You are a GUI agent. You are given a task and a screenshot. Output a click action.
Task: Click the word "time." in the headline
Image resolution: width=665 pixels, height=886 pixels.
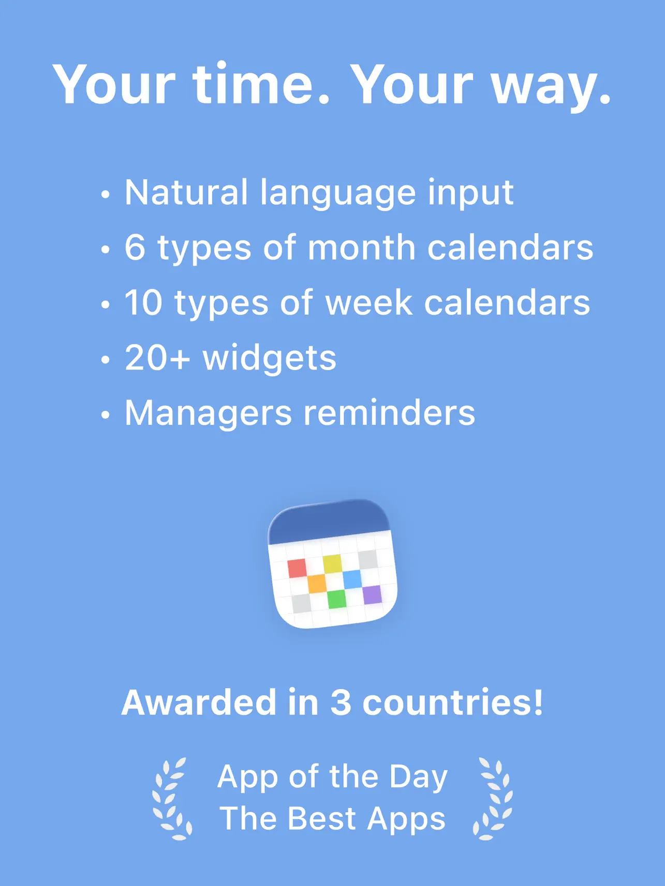click(261, 84)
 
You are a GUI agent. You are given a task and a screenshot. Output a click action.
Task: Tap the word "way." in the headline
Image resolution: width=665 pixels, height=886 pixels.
click(551, 85)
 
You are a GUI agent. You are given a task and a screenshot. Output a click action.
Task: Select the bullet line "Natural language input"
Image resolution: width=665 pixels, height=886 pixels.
click(319, 192)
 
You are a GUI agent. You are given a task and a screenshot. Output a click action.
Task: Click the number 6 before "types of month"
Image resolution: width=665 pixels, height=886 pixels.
click(135, 247)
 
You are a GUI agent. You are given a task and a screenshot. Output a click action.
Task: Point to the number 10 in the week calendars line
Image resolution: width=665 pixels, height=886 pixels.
click(143, 302)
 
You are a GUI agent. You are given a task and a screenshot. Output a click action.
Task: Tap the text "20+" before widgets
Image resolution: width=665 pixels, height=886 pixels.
click(157, 358)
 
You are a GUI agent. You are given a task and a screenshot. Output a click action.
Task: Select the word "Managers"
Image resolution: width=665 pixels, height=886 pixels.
click(208, 414)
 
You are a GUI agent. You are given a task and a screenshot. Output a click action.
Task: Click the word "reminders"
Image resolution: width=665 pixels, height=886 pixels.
click(389, 413)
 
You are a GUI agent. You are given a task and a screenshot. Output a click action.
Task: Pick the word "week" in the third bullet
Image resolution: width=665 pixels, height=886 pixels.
click(368, 302)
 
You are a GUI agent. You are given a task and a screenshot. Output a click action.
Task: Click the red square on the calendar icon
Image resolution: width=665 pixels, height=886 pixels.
click(297, 568)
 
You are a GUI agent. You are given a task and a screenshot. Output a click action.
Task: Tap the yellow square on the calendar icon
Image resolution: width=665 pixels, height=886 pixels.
click(332, 563)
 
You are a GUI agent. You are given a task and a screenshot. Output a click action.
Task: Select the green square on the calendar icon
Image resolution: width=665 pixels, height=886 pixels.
click(336, 599)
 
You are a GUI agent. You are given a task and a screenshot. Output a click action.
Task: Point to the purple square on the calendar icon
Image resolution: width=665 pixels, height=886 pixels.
click(372, 594)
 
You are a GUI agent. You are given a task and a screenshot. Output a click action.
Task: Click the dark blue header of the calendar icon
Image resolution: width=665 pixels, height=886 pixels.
click(329, 521)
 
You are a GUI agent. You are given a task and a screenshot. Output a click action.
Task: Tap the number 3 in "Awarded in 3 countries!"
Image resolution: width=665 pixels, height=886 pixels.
click(341, 702)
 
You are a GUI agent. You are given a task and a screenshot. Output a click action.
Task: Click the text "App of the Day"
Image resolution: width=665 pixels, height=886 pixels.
click(332, 776)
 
